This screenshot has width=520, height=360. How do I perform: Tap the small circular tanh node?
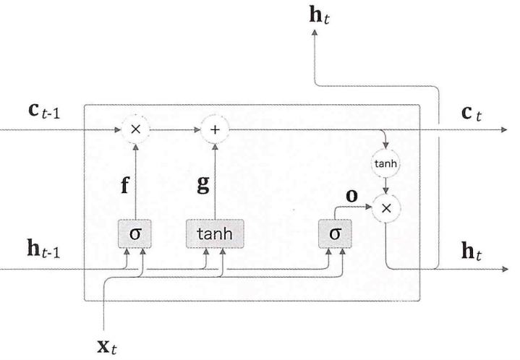point(387,164)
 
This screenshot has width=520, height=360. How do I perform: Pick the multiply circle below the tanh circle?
point(387,207)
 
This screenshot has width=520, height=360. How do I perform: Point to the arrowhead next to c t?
point(505,131)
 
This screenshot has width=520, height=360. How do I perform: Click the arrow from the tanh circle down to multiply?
point(387,187)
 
